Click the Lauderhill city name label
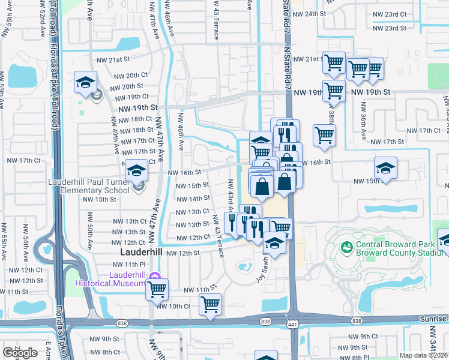(x=141, y=252)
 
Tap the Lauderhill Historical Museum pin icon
(x=155, y=277)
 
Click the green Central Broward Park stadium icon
(x=346, y=247)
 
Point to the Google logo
(x=20, y=353)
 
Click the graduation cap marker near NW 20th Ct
(x=86, y=82)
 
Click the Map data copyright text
(x=424, y=355)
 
